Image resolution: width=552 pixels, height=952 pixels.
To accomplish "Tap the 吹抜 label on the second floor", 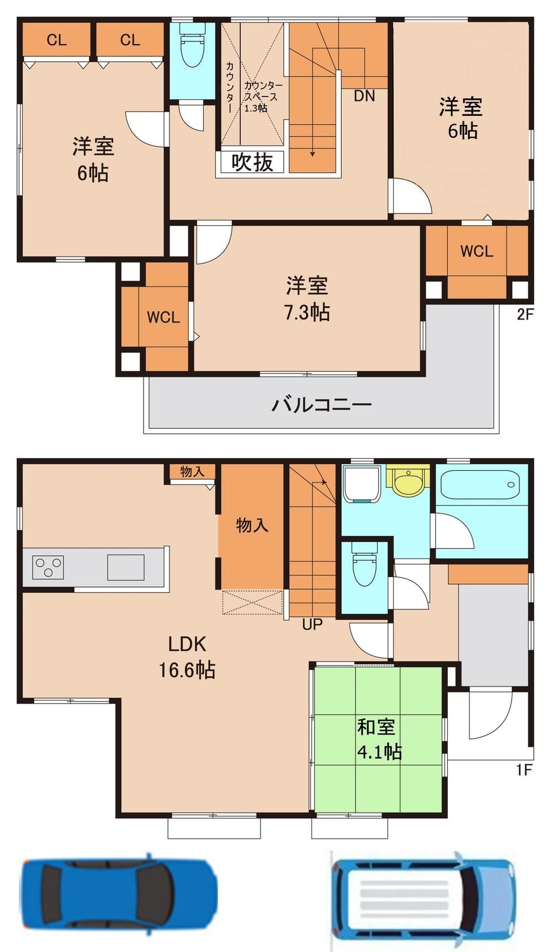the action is point(252,163).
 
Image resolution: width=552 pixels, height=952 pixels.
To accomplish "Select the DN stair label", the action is point(364,96).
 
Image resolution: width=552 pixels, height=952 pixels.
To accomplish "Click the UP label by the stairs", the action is point(312,625).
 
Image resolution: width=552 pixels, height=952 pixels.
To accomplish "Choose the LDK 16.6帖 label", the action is point(187,657).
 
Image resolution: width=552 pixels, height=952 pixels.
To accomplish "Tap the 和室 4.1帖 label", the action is point(378,739).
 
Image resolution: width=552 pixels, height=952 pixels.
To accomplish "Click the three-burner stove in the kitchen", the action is point(49,567).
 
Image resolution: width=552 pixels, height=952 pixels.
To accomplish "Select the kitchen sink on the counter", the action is point(126,567).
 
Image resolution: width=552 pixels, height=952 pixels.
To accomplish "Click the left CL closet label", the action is point(57,40).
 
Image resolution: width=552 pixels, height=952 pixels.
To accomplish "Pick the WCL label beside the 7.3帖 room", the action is point(163,317).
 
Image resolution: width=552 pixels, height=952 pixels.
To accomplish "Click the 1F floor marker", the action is point(524,769).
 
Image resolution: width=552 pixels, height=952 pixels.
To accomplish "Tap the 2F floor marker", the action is point(525,315).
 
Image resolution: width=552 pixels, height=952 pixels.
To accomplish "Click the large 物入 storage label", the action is point(252,525).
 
